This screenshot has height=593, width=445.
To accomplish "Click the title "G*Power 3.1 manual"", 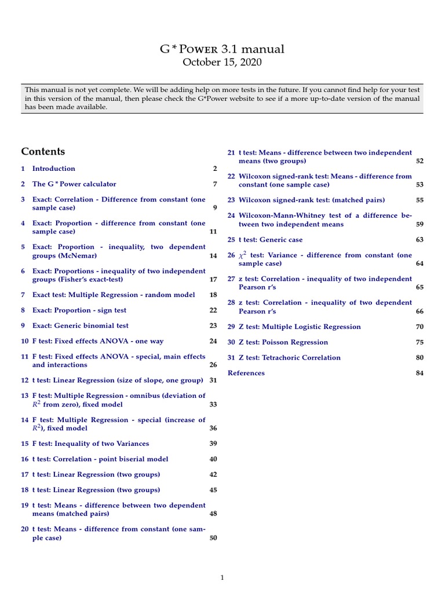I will [222, 49].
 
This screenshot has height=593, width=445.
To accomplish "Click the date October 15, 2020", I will [222, 63].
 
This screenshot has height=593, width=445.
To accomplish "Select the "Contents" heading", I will [43, 152].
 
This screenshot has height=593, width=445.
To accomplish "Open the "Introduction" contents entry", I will [53, 169].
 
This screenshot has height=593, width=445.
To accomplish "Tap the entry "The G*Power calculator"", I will [74, 184].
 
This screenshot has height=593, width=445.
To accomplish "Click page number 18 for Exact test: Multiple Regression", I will [213, 295].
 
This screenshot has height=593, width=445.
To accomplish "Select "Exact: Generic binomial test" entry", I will [80, 326].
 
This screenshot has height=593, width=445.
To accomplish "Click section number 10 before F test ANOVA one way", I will [24, 342].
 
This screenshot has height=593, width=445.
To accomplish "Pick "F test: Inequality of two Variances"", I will [90, 444].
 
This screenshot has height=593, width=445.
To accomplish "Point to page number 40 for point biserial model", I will [213, 459].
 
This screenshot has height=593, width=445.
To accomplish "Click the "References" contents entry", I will [246, 374].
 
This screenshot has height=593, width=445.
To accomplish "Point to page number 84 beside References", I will [420, 374].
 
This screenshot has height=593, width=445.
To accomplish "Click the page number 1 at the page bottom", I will [222, 577].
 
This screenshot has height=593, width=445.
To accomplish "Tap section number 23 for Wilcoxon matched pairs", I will [231, 200].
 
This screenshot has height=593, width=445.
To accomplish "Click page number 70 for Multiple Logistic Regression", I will [420, 327].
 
